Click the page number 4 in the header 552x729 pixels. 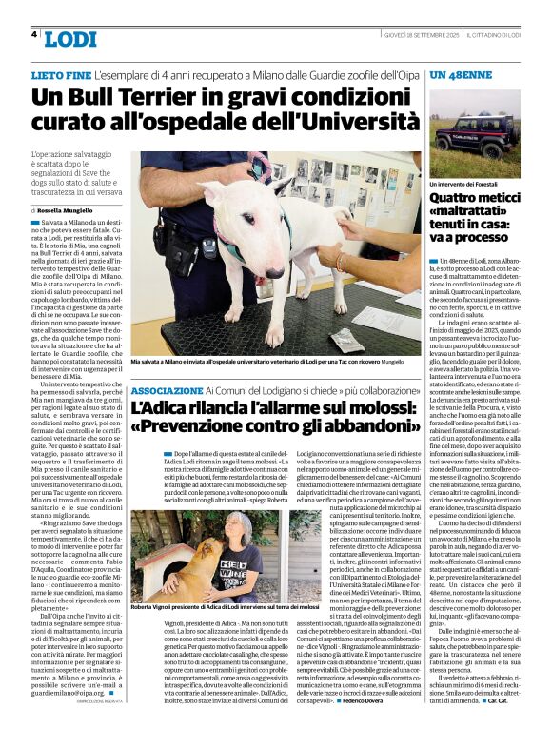[x=34, y=34]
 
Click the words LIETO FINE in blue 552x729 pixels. [x=61, y=73]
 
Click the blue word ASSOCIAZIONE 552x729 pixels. [x=167, y=392]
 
